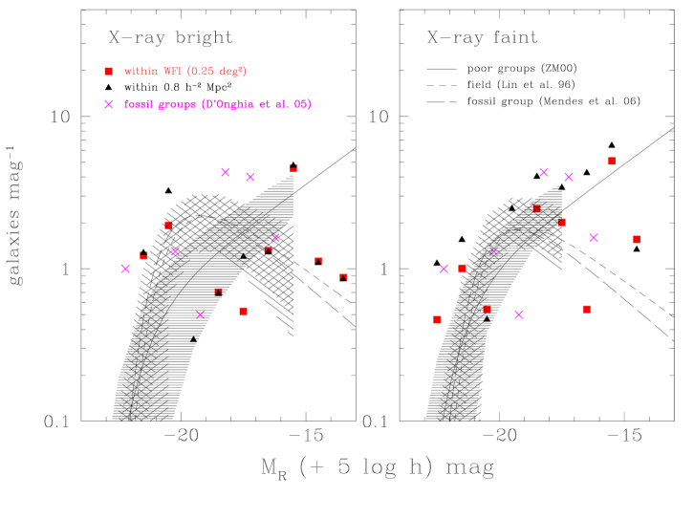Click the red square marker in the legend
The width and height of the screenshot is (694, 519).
[108, 72]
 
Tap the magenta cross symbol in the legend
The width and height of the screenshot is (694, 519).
[109, 104]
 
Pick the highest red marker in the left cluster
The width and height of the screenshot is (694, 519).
[293, 168]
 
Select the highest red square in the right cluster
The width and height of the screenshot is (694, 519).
[612, 162]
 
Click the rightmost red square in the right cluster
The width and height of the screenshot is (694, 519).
[637, 239]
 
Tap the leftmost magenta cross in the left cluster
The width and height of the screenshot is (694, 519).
[125, 269]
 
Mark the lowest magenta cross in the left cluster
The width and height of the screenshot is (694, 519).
[201, 314]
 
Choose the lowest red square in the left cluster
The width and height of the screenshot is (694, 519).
[244, 311]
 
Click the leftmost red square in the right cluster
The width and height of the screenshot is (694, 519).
[437, 319]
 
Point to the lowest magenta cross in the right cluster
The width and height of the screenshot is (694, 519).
[519, 314]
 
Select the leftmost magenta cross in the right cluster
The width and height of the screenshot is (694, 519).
[444, 269]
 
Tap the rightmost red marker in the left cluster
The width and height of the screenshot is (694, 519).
[344, 277]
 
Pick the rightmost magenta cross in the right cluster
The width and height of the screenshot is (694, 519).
[594, 238]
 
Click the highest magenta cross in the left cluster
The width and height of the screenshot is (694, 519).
[226, 172]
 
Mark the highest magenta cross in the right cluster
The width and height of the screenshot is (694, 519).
[544, 172]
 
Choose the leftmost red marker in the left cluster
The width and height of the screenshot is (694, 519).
[144, 255]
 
